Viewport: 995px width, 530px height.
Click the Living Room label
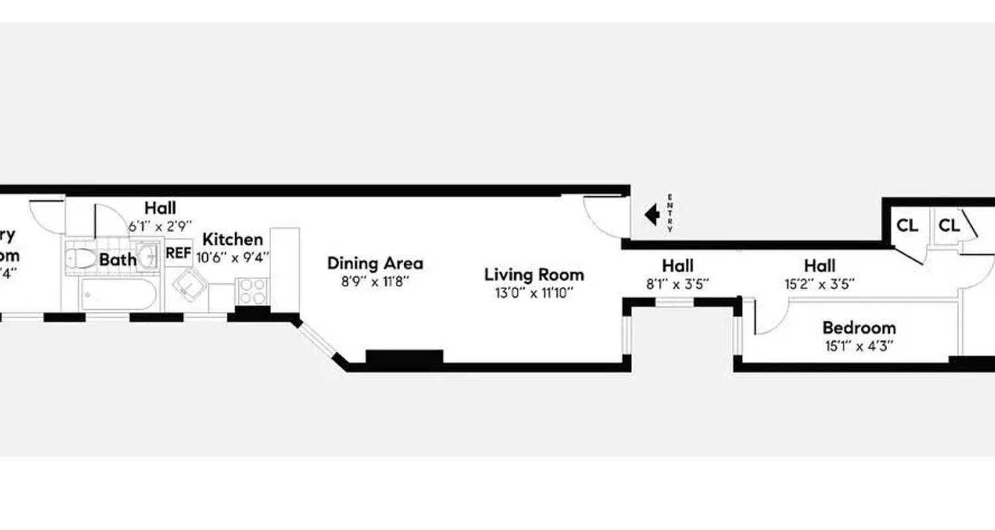pyautogui.click(x=534, y=274)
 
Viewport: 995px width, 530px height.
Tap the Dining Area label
pyautogui.click(x=375, y=263)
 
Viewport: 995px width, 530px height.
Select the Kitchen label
pyautogui.click(x=232, y=239)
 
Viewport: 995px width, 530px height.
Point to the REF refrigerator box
pyautogui.click(x=178, y=252)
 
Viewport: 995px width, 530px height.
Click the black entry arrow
pyautogui.click(x=652, y=214)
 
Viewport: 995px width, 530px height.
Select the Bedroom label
pyautogui.click(x=858, y=327)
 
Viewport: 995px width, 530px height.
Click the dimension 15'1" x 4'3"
pyautogui.click(x=858, y=345)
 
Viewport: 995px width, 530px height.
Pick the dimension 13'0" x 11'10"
pyautogui.click(x=534, y=292)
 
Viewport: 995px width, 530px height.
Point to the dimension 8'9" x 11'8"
pyautogui.click(x=375, y=281)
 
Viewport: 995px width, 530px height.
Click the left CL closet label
pyautogui.click(x=907, y=225)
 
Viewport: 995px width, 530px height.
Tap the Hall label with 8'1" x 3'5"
pyautogui.click(x=677, y=266)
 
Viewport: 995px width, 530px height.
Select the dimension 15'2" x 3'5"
pyautogui.click(x=819, y=284)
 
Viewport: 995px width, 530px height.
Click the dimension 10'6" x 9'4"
pyautogui.click(x=232, y=257)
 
